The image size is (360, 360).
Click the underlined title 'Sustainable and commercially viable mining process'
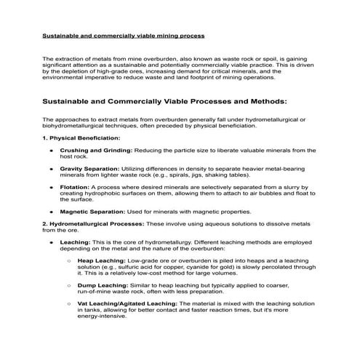coord(123,35)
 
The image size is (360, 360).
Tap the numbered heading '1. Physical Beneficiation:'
coord(81,137)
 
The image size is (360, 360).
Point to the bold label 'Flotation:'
coord(75,186)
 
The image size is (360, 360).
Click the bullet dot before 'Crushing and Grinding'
coord(51,151)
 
